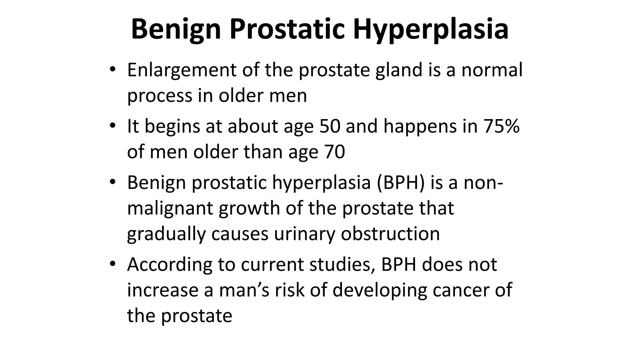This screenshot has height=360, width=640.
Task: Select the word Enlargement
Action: pyautogui.click(x=182, y=70)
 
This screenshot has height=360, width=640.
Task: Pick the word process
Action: pyautogui.click(x=159, y=96)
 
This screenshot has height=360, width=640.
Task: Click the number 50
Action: pyautogui.click(x=329, y=126)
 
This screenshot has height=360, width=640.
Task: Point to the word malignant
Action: pyautogui.click(x=170, y=209)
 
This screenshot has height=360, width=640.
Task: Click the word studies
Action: pyautogui.click(x=342, y=265)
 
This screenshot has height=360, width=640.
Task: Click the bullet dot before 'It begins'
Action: pyautogui.click(x=113, y=126)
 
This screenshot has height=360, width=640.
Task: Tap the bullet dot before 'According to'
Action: pyautogui.click(x=113, y=264)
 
